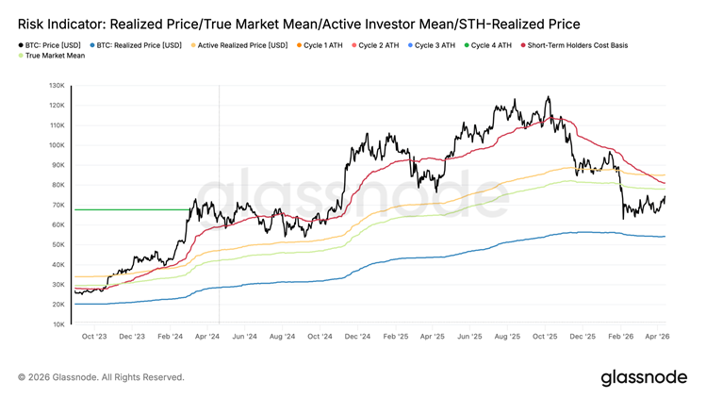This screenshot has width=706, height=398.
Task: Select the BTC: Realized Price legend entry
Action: (138, 45)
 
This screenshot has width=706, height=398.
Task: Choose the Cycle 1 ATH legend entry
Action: (322, 45)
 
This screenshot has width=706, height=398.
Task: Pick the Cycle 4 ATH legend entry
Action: (491, 45)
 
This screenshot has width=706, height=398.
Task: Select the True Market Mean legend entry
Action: (55, 56)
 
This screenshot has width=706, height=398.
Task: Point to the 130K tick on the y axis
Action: (57, 85)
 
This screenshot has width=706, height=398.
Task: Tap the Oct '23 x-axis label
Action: (94, 336)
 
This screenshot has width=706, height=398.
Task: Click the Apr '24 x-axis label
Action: (206, 336)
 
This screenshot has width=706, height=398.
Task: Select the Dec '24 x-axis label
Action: (357, 336)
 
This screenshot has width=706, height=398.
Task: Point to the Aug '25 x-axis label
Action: (507, 336)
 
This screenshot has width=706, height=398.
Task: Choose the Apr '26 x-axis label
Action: (657, 336)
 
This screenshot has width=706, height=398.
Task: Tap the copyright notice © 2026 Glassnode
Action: (101, 377)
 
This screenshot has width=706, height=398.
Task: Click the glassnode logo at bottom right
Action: (644, 377)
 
